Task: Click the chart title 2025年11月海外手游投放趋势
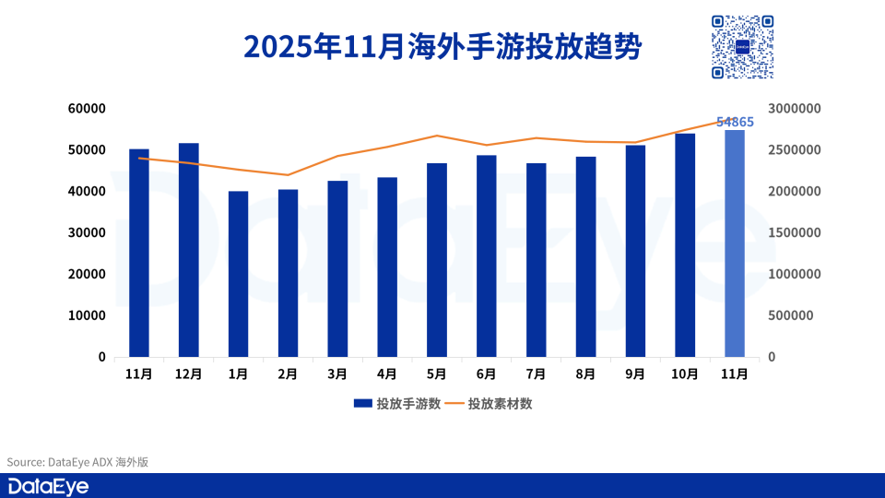(x=442, y=46)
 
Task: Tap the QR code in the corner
(x=741, y=47)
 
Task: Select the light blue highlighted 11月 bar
(x=734, y=243)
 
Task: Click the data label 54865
(x=735, y=122)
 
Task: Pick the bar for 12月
(x=188, y=250)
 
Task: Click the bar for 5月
(x=436, y=260)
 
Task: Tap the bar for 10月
(x=685, y=245)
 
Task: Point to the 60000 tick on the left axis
(x=88, y=109)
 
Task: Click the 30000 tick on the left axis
(x=88, y=232)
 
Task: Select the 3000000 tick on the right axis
(x=794, y=109)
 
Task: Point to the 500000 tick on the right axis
(x=794, y=315)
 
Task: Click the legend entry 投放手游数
(x=396, y=404)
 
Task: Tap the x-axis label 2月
(x=288, y=374)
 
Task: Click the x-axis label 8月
(x=585, y=374)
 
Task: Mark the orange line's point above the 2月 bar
(x=288, y=175)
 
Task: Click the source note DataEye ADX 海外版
(x=77, y=462)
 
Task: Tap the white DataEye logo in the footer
(x=48, y=486)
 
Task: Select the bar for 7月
(x=536, y=260)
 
